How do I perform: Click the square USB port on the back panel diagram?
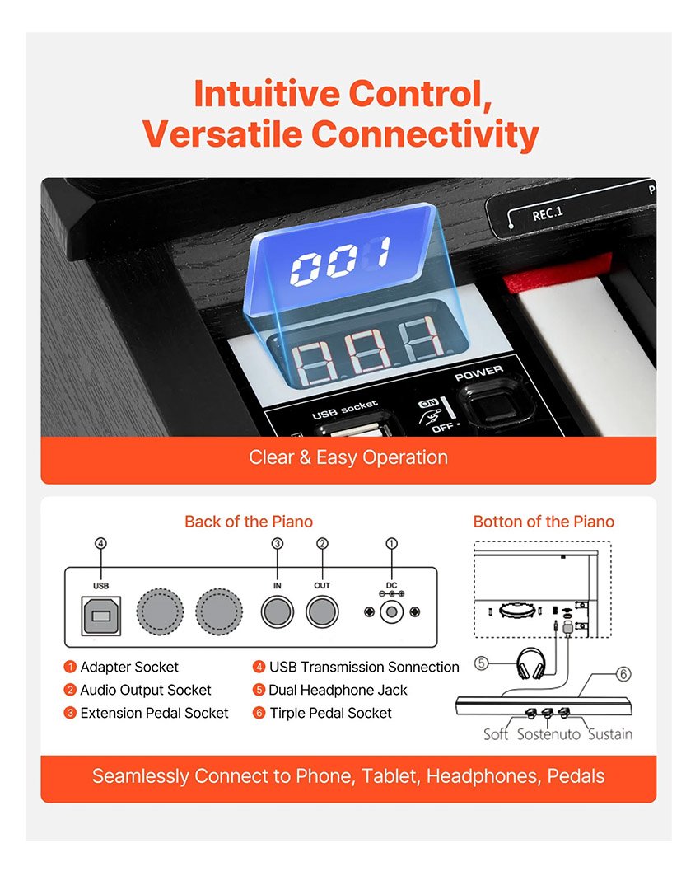pos(101,615)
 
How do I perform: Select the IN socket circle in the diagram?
pos(277,611)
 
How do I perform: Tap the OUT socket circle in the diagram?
pos(322,611)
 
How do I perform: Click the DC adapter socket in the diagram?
pos(391,612)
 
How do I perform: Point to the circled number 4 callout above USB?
pos(100,543)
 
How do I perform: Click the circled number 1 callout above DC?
pos(392,543)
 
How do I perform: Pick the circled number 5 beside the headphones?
pos(481,663)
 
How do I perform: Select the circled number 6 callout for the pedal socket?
pos(623,674)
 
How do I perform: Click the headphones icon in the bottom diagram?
pos(531,663)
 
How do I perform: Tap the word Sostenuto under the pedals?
pos(548,734)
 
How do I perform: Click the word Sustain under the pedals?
pos(610,734)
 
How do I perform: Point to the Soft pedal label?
pos(496,734)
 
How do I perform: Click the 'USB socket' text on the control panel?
pos(344,410)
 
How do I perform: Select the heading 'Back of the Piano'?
pos(249,522)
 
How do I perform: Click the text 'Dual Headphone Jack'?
pos(338,690)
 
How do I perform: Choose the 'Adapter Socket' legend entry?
pos(129,667)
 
